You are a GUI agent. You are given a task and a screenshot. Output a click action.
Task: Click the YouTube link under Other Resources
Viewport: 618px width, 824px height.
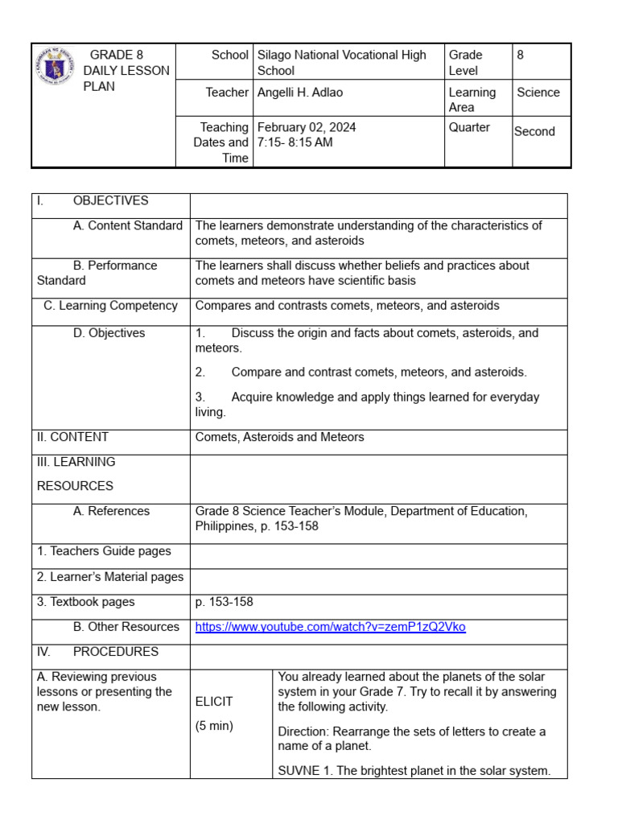coord(330,627)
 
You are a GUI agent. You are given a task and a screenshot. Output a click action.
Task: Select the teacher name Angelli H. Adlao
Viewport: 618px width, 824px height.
coord(299,93)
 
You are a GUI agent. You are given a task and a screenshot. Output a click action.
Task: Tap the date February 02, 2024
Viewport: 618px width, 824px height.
coord(307,127)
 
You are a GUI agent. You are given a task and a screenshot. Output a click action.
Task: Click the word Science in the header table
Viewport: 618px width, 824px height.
coord(538,93)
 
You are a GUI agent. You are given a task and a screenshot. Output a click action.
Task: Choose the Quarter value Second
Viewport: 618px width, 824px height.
coord(534,131)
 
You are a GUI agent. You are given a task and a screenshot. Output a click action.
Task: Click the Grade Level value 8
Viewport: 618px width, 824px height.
coord(520,56)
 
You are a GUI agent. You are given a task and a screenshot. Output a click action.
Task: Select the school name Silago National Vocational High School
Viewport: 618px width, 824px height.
coord(341,63)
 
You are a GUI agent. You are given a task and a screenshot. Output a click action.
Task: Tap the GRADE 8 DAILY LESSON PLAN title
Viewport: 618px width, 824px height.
coord(126,71)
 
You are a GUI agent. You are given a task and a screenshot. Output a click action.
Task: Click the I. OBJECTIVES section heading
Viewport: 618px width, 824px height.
coord(93,201)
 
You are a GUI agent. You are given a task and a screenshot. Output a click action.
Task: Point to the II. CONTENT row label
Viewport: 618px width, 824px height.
coord(72,437)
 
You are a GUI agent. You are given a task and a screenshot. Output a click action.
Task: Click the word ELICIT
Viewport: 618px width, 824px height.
coord(214,702)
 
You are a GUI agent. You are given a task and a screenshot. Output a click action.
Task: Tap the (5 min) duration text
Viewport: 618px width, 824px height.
coord(214,726)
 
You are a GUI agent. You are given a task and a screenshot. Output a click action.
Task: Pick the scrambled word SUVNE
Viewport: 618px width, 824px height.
coord(298,771)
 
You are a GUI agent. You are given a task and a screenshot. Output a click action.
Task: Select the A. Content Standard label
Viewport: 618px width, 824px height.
coord(127,226)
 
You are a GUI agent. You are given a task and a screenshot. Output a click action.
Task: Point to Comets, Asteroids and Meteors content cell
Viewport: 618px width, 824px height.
coord(279,437)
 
